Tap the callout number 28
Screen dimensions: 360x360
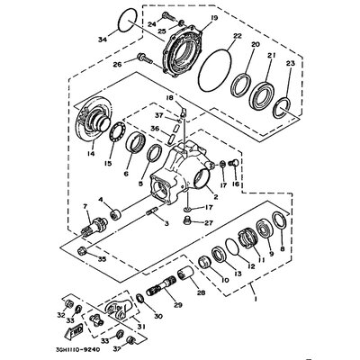pos(200,292)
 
